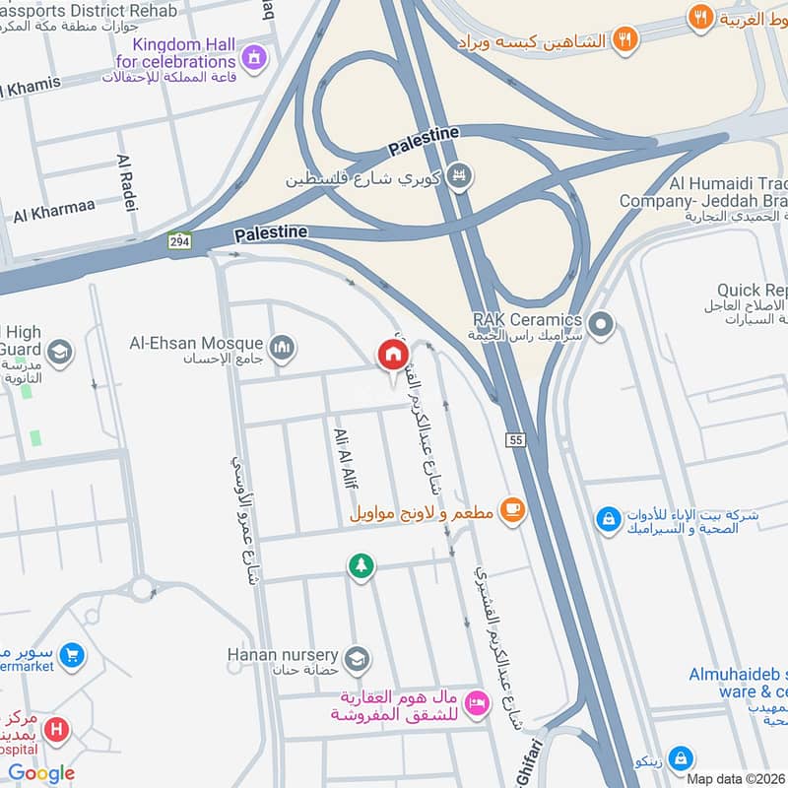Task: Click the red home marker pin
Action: [x=392, y=356]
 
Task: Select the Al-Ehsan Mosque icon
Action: [x=282, y=348]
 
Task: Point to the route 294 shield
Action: [x=179, y=241]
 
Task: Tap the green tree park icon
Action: [x=361, y=565]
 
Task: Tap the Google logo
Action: [x=41, y=773]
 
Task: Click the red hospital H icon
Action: [x=58, y=731]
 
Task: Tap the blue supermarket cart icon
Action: [x=71, y=654]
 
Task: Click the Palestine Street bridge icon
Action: [x=458, y=178]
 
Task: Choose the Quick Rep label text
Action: [x=753, y=290]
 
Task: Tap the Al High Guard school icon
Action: [x=59, y=353]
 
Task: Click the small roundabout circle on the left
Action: [x=143, y=589]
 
